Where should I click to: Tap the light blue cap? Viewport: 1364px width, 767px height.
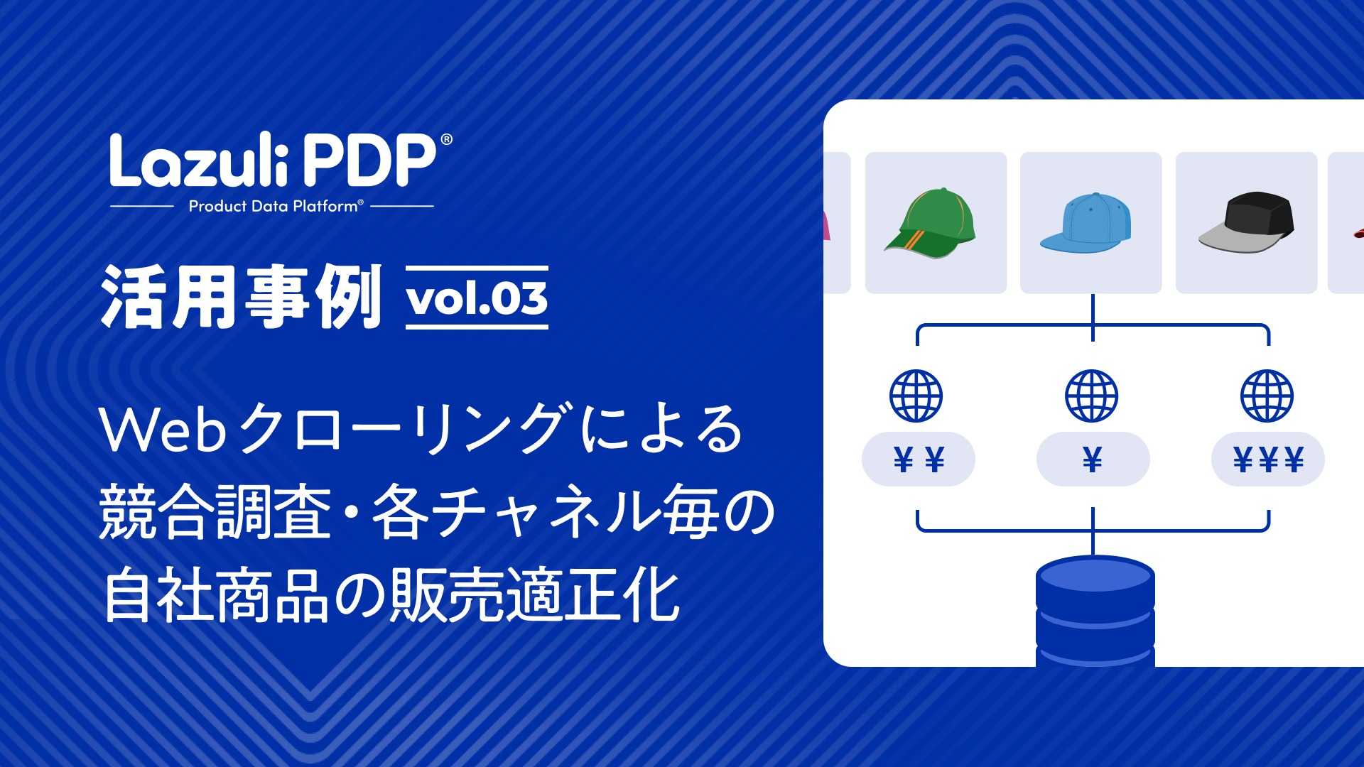tap(1088, 223)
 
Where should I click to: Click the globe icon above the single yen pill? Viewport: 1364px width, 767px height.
tap(1092, 396)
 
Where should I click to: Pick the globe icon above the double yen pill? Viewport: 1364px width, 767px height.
tap(916, 396)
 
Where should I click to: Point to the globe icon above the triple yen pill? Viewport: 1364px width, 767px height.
tap(1267, 396)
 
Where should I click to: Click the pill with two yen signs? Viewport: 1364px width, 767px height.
tap(919, 459)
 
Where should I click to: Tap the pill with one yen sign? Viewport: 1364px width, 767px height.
tap(1093, 459)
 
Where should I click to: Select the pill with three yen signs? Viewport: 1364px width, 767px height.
tap(1268, 459)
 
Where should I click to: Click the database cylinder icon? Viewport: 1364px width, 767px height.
tap(1095, 611)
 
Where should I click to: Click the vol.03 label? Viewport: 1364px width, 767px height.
tap(477, 298)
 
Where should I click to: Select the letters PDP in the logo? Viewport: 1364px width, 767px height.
tap(368, 161)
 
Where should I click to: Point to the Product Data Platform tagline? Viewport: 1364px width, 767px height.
tap(276, 207)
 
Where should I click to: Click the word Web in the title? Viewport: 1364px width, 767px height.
tap(163, 430)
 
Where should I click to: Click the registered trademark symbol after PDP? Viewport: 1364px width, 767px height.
tap(447, 139)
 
